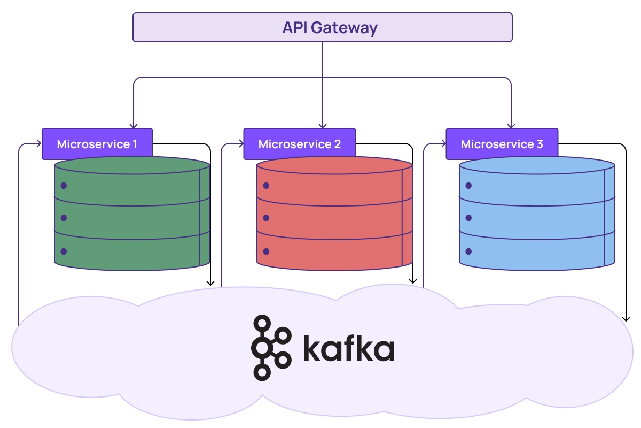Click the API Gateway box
pyautogui.click(x=322, y=27)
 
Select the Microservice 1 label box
pyautogui.click(x=97, y=144)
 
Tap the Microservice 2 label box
pyautogui.click(x=299, y=144)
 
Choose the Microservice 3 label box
pyautogui.click(x=502, y=144)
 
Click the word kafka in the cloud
pyautogui.click(x=349, y=348)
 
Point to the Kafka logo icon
pyautogui.click(x=270, y=348)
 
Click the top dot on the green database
pyautogui.click(x=64, y=186)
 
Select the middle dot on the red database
pyautogui.click(x=266, y=218)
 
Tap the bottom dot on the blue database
pyautogui.click(x=468, y=251)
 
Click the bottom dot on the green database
pyautogui.click(x=64, y=251)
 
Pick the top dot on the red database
pyautogui.click(x=266, y=186)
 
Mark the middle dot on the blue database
pyautogui.click(x=468, y=218)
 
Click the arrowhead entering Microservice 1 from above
pyautogui.click(x=134, y=125)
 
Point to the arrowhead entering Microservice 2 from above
pyautogui.click(x=323, y=125)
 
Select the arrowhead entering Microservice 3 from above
pyautogui.click(x=511, y=125)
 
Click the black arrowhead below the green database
pyautogui.click(x=211, y=282)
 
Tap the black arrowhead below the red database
pyautogui.click(x=413, y=280)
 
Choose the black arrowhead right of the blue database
pyautogui.click(x=626, y=318)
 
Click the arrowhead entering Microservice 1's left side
pyautogui.click(x=38, y=144)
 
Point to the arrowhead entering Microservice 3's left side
pyautogui.click(x=443, y=144)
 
